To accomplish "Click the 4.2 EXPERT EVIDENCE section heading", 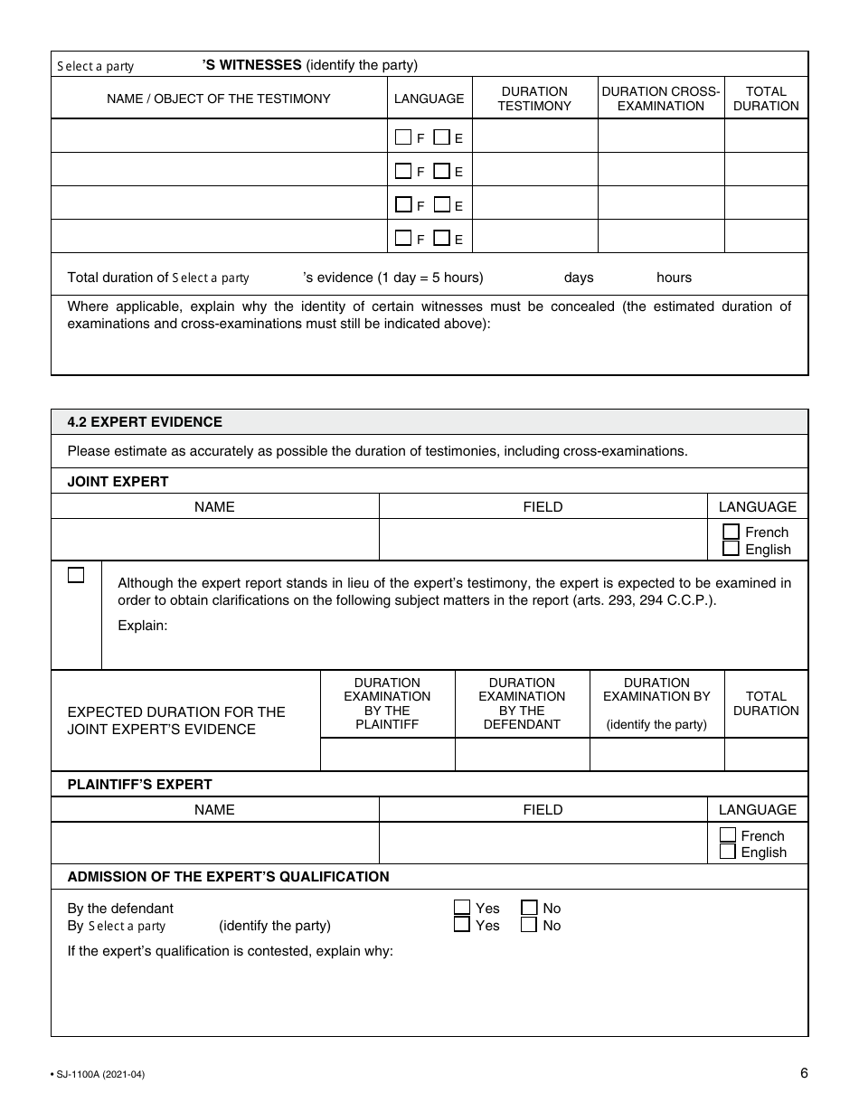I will pyautogui.click(x=145, y=422).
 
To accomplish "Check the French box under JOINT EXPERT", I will pyautogui.click(x=731, y=532).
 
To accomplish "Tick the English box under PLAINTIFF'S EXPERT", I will pyautogui.click(x=727, y=852).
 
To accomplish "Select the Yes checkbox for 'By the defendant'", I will pyautogui.click(x=462, y=908).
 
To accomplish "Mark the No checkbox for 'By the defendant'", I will pyautogui.click(x=529, y=908).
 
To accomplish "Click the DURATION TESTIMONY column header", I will pyautogui.click(x=533, y=99).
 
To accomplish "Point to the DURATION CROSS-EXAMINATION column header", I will pyautogui.click(x=660, y=99).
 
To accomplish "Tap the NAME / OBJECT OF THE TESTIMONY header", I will pyautogui.click(x=219, y=99).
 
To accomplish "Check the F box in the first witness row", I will pyautogui.click(x=403, y=137).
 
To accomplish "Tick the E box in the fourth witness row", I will pyautogui.click(x=442, y=239).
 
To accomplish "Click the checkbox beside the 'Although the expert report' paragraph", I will pyautogui.click(x=76, y=575).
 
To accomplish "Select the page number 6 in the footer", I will pyautogui.click(x=803, y=1073).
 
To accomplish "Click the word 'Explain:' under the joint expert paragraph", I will pyautogui.click(x=143, y=626).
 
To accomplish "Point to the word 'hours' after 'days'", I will pyautogui.click(x=674, y=278).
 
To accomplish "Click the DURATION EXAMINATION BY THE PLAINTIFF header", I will pyautogui.click(x=387, y=703).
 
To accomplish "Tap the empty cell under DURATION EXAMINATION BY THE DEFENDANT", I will pyautogui.click(x=522, y=754).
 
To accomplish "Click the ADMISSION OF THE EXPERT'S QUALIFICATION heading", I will pyautogui.click(x=228, y=876).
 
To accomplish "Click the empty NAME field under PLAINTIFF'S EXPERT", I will pyautogui.click(x=214, y=843).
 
